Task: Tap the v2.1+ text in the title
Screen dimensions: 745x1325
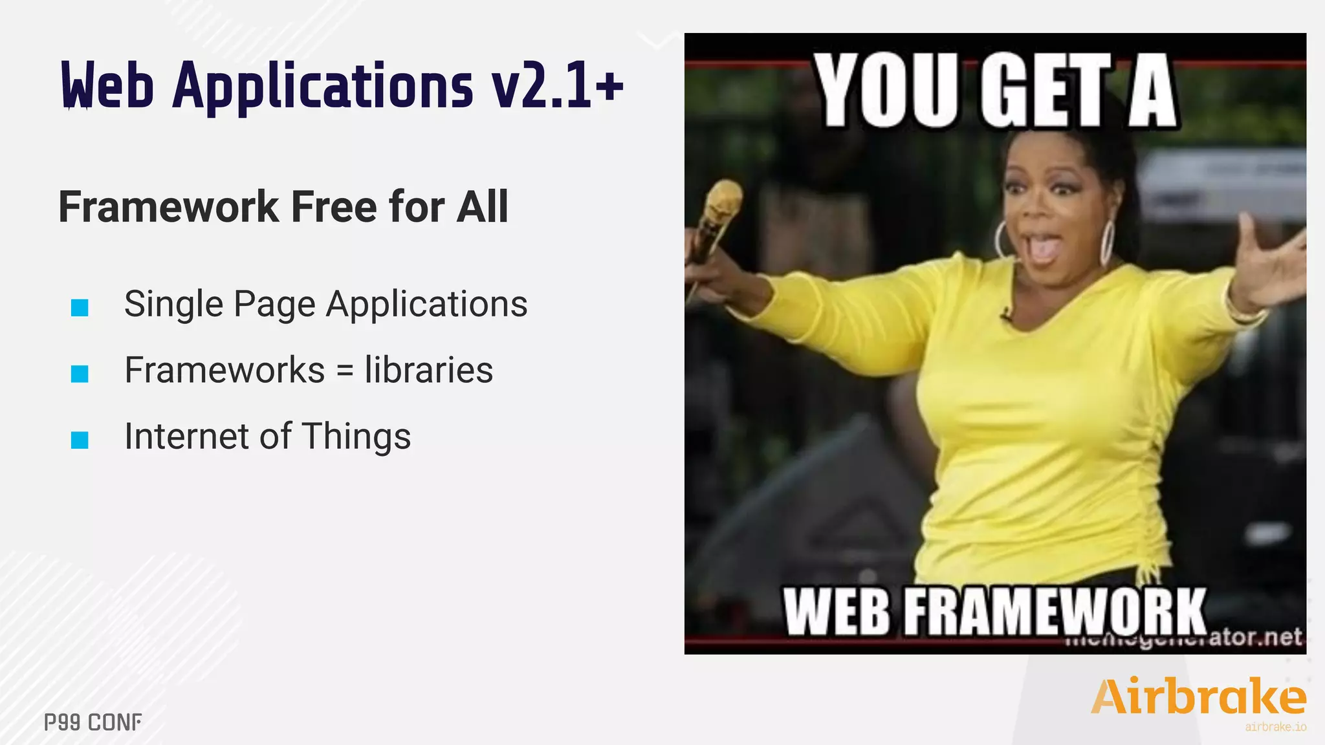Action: click(558, 87)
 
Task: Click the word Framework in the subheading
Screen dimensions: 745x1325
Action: click(168, 207)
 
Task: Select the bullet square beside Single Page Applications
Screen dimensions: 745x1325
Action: click(80, 307)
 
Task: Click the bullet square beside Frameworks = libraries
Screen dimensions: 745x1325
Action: click(80, 374)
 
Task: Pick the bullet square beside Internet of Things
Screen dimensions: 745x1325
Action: click(80, 440)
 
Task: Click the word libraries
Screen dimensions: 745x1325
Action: click(428, 370)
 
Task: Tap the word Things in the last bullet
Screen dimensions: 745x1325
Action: click(356, 437)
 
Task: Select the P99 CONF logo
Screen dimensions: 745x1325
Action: click(93, 722)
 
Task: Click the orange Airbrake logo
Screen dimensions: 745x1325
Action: click(1198, 696)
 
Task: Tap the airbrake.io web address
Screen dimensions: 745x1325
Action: click(1275, 727)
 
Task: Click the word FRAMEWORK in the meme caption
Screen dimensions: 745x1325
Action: click(1055, 612)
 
